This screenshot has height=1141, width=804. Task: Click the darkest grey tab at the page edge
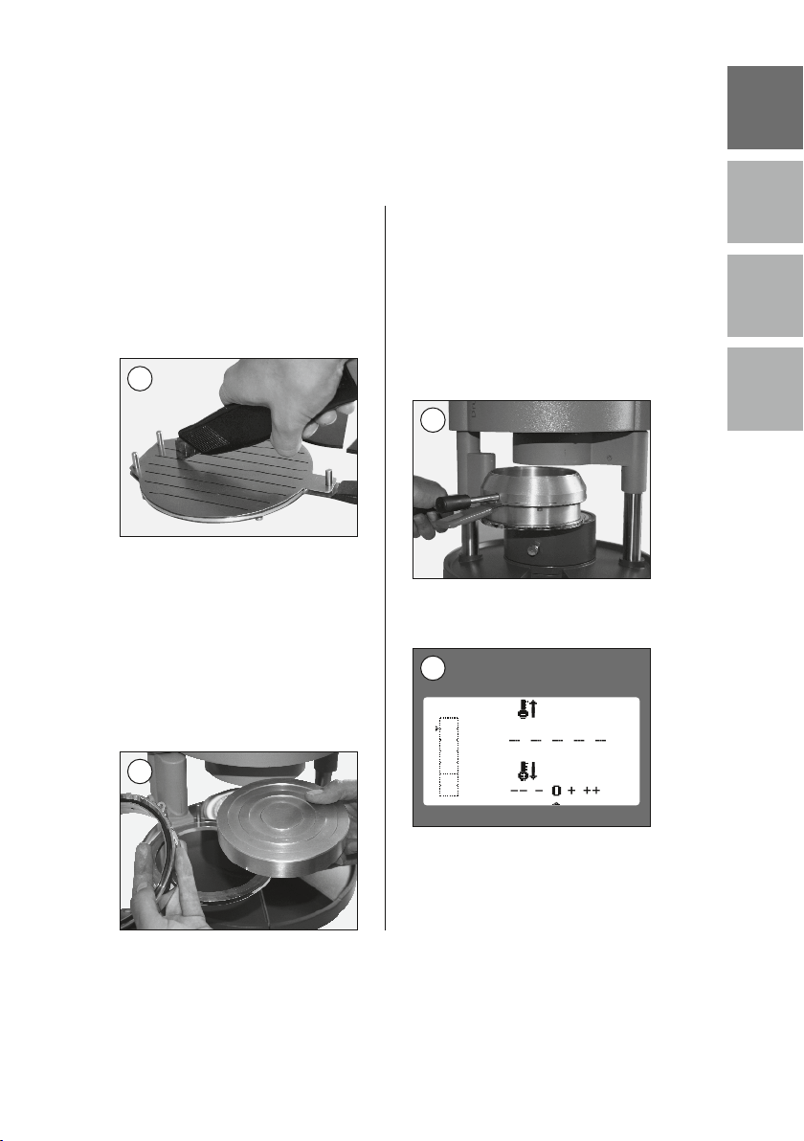pos(765,108)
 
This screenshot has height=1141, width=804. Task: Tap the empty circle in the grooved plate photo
pos(140,378)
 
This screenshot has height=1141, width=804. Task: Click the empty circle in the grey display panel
pos(433,668)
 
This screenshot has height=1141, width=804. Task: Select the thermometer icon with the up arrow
pos(526,708)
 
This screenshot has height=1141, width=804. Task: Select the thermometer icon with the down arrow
pos(526,772)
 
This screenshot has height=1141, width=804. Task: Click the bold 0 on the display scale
pos(557,791)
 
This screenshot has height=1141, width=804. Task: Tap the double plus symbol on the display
pos(592,790)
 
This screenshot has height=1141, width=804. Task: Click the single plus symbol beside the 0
pos(571,790)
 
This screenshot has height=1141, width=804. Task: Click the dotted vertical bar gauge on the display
pos(449,757)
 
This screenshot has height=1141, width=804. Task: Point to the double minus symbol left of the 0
pos(519,791)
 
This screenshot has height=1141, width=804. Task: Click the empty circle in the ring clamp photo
pos(433,420)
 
